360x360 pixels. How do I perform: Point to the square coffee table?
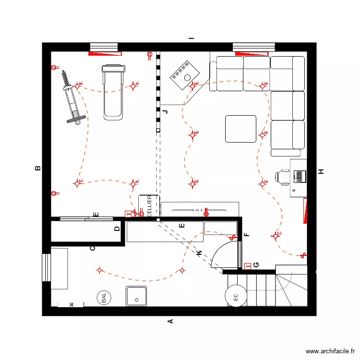pyautogui.click(x=241, y=129)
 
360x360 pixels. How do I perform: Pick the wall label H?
pyautogui.click(x=321, y=171)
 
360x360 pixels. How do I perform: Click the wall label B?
pyautogui.click(x=37, y=168)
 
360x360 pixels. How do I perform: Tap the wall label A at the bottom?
pyautogui.click(x=169, y=321)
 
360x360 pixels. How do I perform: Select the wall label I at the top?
pyautogui.click(x=191, y=38)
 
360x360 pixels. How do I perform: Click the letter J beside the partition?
pyautogui.click(x=166, y=112)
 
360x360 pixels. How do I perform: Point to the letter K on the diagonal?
pyautogui.click(x=198, y=253)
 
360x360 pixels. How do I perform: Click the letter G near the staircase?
pyautogui.click(x=256, y=265)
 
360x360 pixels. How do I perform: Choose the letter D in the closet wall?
pyautogui.click(x=117, y=229)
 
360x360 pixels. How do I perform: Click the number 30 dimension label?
pyautogui.click(x=71, y=304)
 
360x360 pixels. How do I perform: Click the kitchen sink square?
pyautogui.click(x=137, y=296)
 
